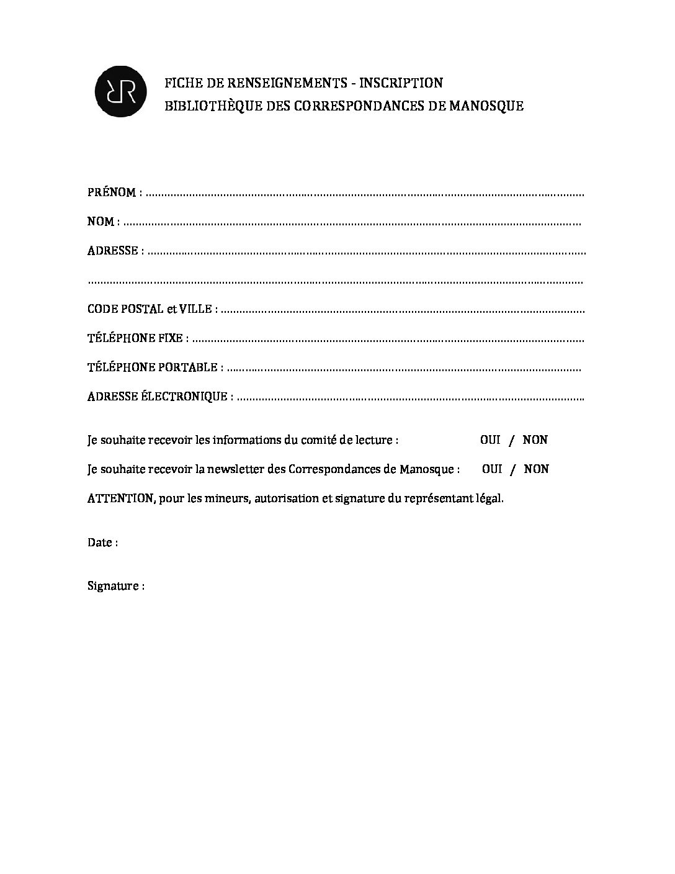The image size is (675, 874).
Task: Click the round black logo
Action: [x=120, y=92]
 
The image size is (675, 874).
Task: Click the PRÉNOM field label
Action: [x=112, y=192]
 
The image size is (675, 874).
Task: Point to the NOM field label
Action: [x=101, y=222]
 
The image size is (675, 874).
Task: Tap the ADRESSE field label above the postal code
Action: [x=112, y=251]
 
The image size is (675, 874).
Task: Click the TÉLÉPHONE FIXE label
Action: [x=135, y=338]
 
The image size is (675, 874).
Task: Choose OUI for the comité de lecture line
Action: [x=490, y=440]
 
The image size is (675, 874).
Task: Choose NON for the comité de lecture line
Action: [x=535, y=440]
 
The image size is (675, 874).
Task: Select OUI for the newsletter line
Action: [x=492, y=469]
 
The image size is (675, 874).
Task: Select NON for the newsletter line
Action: [x=536, y=469]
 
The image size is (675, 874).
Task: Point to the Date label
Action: [x=99, y=543]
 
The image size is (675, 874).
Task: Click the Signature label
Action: [x=113, y=586]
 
